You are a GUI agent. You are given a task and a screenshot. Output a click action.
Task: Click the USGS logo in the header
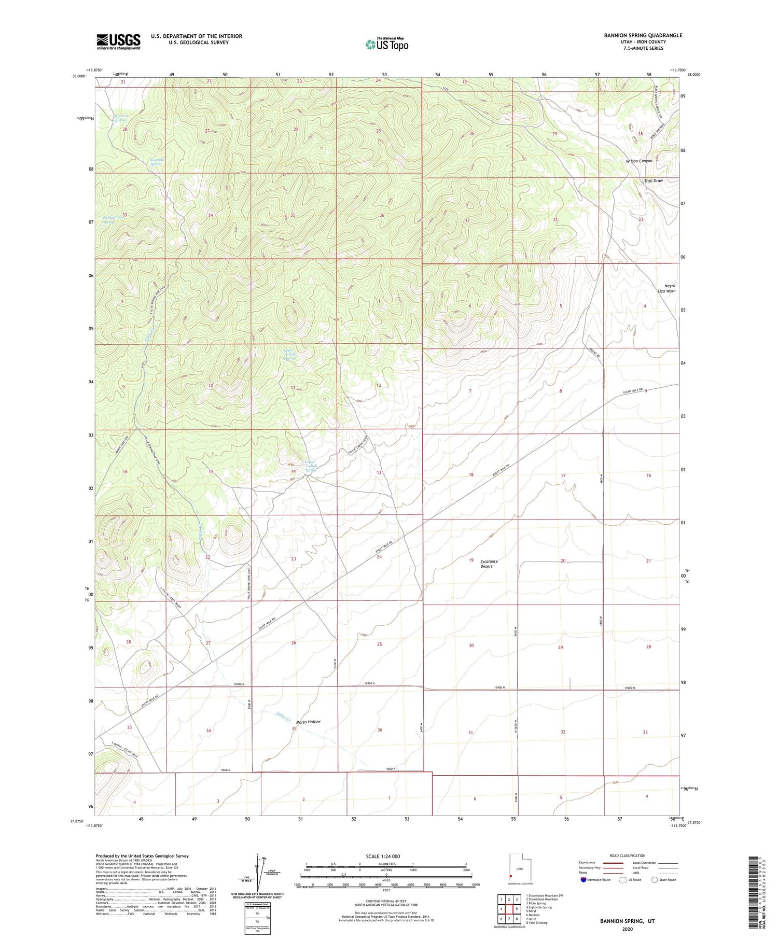(118, 41)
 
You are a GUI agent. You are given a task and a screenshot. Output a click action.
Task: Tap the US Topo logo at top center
(386, 44)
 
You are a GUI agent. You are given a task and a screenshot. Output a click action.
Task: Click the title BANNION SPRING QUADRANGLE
(635, 36)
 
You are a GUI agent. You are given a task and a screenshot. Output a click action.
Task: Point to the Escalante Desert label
(489, 564)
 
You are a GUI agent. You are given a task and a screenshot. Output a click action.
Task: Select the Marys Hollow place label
(308, 722)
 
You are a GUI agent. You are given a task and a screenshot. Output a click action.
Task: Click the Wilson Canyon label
(638, 161)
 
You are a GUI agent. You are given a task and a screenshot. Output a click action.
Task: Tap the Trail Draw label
(653, 181)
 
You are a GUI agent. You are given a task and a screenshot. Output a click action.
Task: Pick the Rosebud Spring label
(156, 161)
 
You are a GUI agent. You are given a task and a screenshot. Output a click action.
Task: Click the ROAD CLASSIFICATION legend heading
(628, 855)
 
